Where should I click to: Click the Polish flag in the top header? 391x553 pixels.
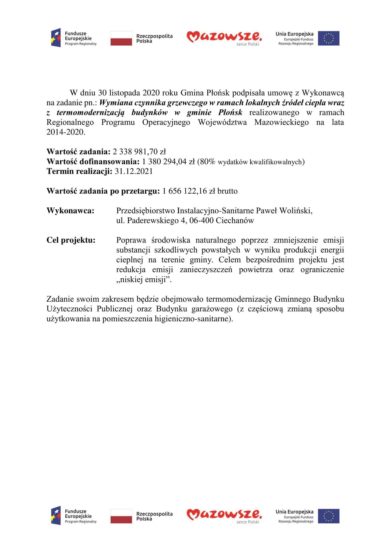[x=121, y=38]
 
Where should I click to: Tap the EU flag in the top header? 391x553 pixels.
[x=328, y=38]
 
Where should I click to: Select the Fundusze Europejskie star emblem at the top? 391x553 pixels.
[x=56, y=38]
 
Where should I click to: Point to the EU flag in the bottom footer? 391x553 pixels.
[x=328, y=516]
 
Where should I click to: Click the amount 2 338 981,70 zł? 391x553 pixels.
[x=139, y=151]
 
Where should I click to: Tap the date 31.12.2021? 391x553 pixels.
[x=134, y=171]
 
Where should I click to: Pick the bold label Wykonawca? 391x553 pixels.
[x=70, y=211]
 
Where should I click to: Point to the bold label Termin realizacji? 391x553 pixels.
[x=79, y=171]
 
